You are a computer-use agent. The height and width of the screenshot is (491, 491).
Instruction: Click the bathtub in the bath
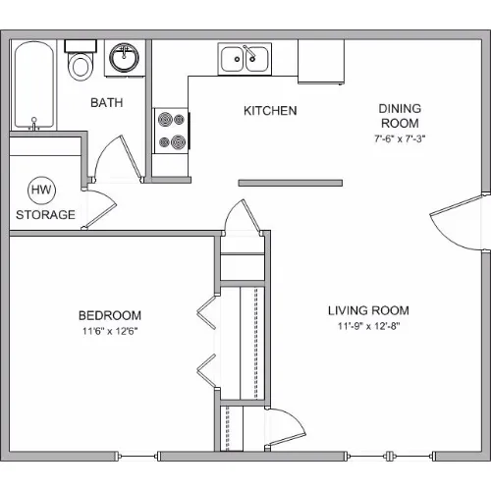[33, 85]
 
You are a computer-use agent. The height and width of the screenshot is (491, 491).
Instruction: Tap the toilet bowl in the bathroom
[81, 67]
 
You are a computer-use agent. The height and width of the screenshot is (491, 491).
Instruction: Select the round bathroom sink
[124, 57]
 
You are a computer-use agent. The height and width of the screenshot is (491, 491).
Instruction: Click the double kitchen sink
[245, 59]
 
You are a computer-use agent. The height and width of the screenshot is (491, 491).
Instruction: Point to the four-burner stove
[171, 131]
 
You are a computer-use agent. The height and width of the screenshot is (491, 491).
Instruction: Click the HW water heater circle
[41, 191]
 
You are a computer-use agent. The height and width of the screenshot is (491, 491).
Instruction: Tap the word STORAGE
[45, 215]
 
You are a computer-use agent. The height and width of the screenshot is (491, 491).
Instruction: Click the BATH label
[107, 103]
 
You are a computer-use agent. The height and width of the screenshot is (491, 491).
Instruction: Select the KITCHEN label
[270, 111]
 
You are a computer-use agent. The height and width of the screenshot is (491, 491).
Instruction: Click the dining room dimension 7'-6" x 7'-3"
[400, 138]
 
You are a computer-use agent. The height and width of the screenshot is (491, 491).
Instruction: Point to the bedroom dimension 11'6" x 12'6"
[110, 331]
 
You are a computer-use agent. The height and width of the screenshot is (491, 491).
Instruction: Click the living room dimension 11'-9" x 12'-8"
[369, 326]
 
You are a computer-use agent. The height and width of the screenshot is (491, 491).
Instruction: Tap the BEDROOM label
[110, 315]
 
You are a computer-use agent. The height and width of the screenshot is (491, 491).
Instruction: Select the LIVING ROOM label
[368, 310]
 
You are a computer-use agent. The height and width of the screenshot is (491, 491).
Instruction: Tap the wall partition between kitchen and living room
[291, 183]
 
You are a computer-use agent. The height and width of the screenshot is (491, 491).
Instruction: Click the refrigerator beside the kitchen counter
[321, 62]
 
